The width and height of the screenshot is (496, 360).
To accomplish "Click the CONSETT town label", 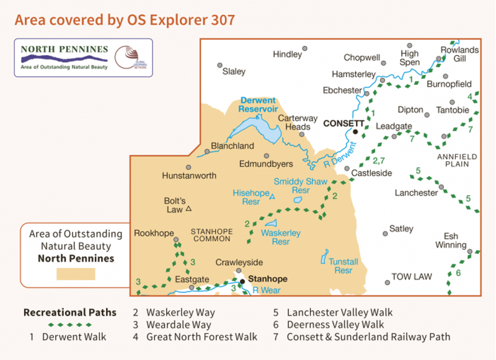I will [343, 123].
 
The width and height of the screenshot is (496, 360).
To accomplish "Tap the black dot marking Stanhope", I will [242, 281].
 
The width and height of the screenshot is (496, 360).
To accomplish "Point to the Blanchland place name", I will [232, 146].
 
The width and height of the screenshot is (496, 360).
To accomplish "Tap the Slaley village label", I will [234, 71].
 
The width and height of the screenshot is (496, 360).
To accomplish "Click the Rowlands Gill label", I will [459, 55].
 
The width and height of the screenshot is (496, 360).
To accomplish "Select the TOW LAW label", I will [411, 276].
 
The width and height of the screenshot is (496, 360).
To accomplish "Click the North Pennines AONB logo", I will [82, 57].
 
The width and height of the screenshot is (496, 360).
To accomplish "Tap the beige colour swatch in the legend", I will [76, 273].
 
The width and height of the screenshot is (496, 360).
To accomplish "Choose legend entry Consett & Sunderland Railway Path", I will [368, 337].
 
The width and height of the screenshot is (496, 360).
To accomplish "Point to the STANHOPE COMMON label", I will [211, 235].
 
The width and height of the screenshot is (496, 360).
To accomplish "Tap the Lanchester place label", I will [416, 193].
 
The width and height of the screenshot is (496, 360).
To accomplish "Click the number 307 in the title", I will [221, 20].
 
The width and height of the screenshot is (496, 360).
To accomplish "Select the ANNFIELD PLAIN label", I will [458, 161].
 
